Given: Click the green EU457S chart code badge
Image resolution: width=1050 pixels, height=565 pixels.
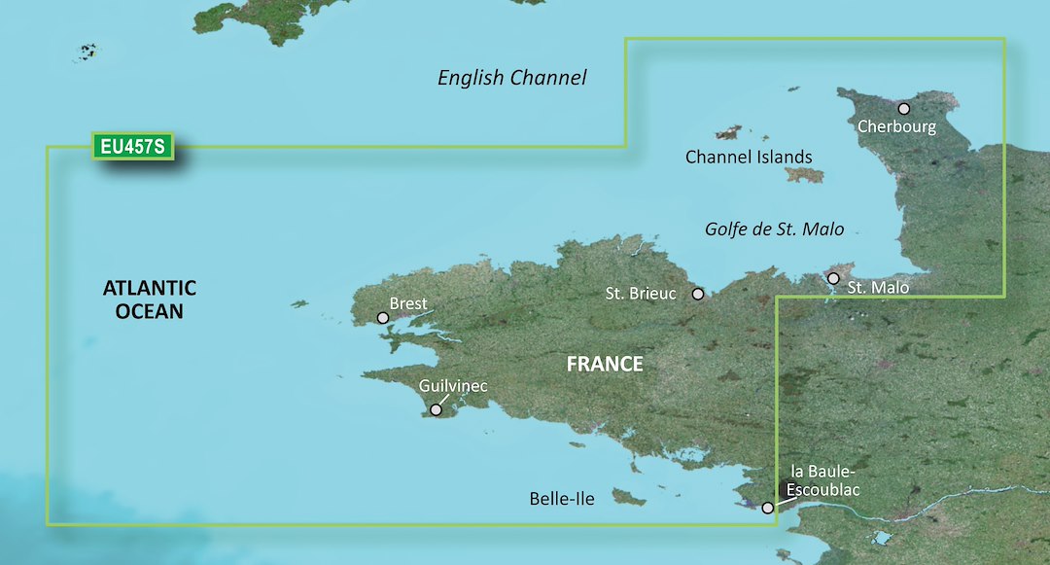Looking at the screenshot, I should [134, 147].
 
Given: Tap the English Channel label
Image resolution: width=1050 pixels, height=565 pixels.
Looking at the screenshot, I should [512, 78].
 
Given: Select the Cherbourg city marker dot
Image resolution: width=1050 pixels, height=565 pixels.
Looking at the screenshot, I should [903, 109].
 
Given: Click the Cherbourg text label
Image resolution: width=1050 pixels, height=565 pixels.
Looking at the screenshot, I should [896, 127].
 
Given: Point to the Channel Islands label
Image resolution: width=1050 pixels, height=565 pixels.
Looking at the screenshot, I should [748, 157].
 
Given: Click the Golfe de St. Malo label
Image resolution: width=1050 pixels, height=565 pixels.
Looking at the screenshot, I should [774, 230].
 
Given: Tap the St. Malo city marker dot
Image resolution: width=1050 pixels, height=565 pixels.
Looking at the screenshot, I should [833, 278].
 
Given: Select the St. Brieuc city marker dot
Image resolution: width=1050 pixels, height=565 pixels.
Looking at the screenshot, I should [697, 294].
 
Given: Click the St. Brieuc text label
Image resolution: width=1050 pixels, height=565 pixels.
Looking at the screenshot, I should [640, 293].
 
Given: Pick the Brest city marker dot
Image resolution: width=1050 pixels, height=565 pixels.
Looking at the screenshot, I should [383, 318].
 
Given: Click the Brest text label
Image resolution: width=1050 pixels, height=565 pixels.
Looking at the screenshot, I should [407, 303].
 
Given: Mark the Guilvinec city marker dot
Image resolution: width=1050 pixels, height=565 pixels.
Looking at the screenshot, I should [436, 410].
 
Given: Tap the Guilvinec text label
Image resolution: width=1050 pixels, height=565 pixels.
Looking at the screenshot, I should [452, 387].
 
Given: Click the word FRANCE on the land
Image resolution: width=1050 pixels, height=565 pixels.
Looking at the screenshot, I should [605, 365].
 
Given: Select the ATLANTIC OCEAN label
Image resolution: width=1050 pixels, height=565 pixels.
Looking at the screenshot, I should [150, 300].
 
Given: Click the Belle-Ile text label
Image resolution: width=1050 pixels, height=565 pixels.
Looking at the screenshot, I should [562, 499].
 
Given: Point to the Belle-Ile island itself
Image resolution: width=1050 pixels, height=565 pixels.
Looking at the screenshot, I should [628, 498].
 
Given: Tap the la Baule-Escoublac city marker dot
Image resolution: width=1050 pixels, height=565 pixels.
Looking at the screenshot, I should [768, 508].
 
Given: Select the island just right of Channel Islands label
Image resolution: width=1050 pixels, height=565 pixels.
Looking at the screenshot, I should [805, 175].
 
